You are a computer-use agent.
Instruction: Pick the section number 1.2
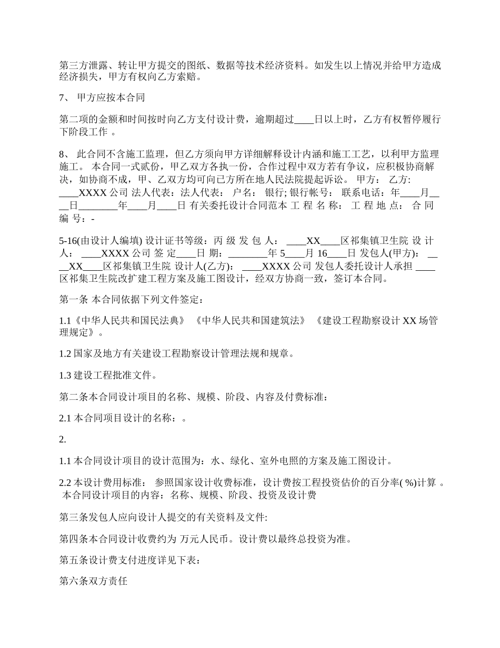[x=65, y=354]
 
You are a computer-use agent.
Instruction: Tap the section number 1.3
[x=65, y=375]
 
